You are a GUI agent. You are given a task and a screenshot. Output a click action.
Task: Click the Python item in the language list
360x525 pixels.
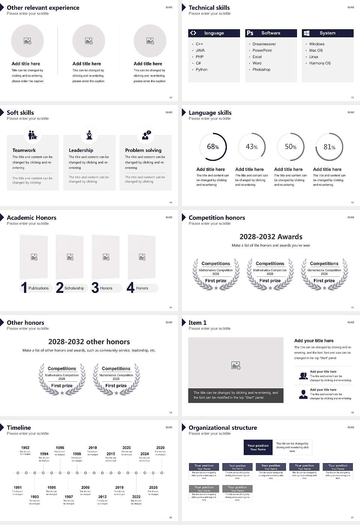(x=201, y=70)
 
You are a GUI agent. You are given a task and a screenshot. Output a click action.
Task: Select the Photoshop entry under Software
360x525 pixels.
(x=261, y=70)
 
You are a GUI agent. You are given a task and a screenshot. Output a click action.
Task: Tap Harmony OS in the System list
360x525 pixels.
(x=320, y=63)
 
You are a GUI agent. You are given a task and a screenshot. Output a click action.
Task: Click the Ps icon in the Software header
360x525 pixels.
(x=250, y=33)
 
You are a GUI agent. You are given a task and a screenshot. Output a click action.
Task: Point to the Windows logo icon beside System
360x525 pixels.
(x=306, y=33)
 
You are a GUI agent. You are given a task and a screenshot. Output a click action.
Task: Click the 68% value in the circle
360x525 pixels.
(x=213, y=147)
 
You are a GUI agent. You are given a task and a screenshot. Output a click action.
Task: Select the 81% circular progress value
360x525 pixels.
(x=329, y=147)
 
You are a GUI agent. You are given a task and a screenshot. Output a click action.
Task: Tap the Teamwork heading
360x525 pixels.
(x=24, y=150)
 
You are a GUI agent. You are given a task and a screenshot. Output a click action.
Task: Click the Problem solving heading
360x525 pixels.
(x=143, y=150)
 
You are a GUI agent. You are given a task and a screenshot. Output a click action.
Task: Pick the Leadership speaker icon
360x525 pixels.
(x=89, y=135)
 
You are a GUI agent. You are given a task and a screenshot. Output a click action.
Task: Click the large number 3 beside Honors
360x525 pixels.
(x=95, y=288)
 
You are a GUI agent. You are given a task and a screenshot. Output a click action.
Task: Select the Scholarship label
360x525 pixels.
(x=74, y=288)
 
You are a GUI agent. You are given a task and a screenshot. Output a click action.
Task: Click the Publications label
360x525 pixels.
(x=39, y=288)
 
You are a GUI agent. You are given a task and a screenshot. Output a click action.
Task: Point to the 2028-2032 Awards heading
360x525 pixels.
(x=271, y=237)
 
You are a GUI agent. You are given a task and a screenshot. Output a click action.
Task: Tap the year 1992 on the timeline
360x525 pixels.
(x=25, y=448)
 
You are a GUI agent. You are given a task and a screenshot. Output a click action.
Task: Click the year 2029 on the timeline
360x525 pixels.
(x=160, y=448)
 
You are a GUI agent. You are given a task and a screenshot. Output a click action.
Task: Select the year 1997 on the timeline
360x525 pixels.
(x=69, y=497)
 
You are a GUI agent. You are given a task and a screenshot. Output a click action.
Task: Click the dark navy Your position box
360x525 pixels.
(x=258, y=447)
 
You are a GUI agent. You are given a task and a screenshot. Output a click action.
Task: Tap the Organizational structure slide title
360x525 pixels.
(x=223, y=428)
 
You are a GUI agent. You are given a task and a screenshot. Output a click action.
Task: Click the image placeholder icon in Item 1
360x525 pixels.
(x=236, y=365)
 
